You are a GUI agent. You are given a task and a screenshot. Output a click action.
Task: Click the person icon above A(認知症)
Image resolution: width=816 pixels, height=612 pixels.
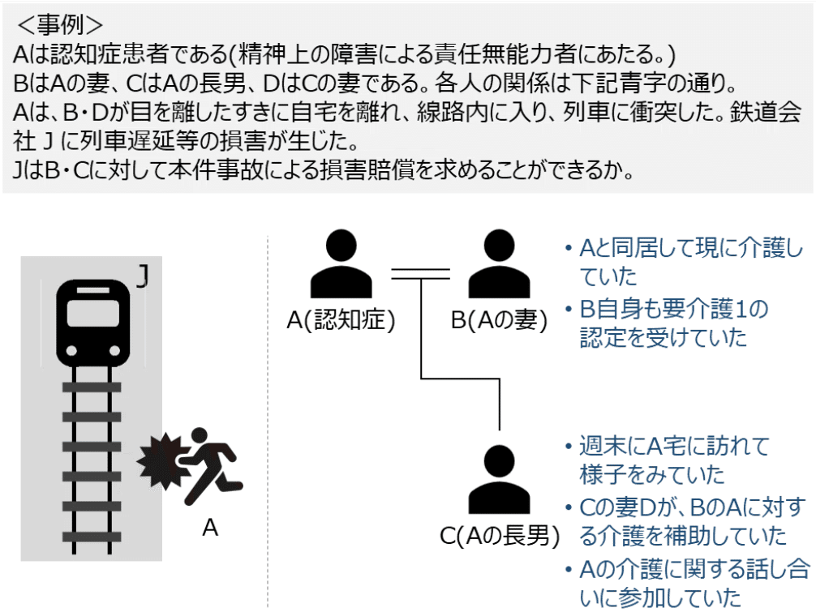click(x=341, y=266)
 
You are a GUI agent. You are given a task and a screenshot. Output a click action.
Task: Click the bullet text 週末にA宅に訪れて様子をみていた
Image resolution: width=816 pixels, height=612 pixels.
click(x=673, y=460)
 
